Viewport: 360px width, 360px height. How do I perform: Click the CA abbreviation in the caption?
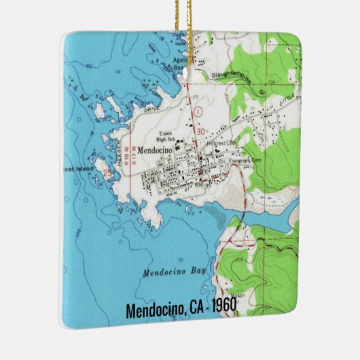[194, 308]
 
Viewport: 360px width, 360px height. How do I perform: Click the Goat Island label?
[79, 169]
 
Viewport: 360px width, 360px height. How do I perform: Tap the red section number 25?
[107, 174]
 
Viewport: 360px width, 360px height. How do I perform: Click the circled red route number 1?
[198, 109]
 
